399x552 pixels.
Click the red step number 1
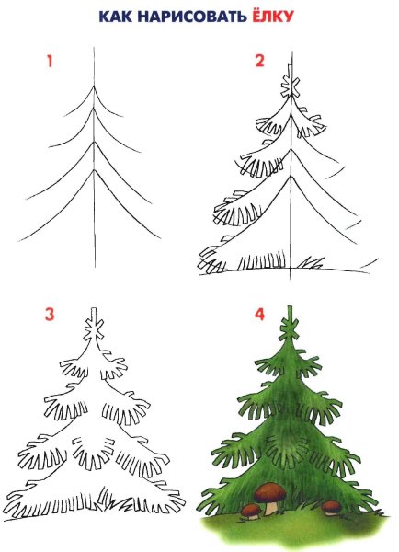coord(50,62)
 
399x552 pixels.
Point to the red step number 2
coord(259,61)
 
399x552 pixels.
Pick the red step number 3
coord(50,315)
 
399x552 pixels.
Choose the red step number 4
coord(259,315)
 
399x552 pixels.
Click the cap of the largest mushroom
coord(269,491)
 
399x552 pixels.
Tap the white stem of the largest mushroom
coord(270,508)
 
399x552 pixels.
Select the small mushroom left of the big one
coord(250,512)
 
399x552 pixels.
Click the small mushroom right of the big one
coord(332,508)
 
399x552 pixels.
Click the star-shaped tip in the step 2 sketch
coord(291,87)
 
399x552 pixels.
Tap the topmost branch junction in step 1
coord(94,86)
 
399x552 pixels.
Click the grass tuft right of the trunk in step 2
coord(311,262)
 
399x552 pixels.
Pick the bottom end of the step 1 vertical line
coord(95,267)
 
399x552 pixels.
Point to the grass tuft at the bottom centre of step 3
coord(107,496)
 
